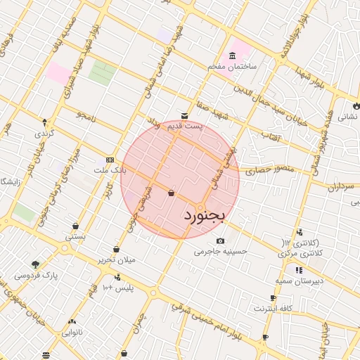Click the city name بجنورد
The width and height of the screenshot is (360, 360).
point(205,215)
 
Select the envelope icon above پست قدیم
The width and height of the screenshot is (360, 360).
point(184,116)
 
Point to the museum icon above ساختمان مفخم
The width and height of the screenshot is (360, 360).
point(231,56)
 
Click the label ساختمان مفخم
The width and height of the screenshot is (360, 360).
point(232,66)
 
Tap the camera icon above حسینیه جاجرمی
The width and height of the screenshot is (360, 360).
point(221,240)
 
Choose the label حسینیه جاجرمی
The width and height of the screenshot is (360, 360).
point(221,250)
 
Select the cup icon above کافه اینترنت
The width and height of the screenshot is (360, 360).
point(263,298)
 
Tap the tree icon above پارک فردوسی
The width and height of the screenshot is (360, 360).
point(35,265)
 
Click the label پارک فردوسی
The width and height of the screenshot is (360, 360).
point(35,276)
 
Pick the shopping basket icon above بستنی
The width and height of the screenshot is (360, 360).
point(75,226)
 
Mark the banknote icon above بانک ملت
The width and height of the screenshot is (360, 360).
point(109,160)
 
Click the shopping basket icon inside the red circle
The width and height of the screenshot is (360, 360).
point(172,193)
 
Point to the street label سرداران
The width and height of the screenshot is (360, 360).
point(342,186)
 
